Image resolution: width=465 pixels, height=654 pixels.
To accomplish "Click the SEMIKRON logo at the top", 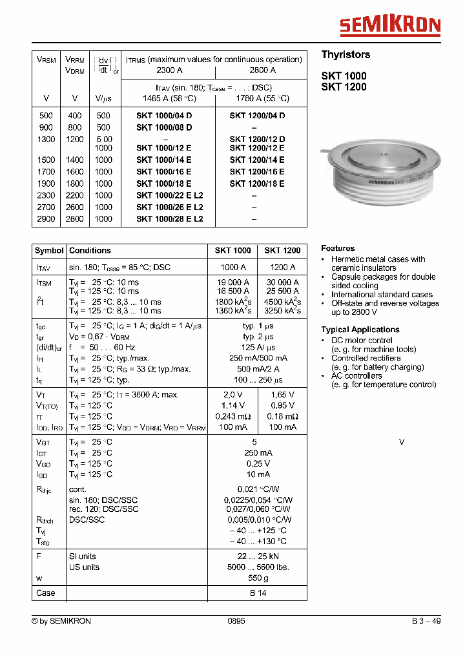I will coord(390,25).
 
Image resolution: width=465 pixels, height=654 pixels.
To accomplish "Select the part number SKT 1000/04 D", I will coord(164,116).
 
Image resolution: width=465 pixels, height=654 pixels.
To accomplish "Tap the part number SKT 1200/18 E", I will coord(257,184).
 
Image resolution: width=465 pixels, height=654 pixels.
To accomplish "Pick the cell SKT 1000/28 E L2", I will coord(170,219).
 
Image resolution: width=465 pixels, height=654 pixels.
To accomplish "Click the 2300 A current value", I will coord(170,70).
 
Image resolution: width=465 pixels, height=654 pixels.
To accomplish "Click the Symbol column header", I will coord(49,251).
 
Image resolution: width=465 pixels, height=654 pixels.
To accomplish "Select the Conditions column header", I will coord(90,251).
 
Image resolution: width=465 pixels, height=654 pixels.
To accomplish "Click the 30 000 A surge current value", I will coord(282,282).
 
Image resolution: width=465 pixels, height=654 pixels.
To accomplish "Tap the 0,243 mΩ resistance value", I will coord(233,416).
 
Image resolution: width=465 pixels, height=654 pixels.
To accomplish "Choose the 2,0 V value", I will coord(233,395).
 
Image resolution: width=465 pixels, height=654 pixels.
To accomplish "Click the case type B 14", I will coord(258,593).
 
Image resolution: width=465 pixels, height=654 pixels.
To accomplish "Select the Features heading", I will coord(338,248).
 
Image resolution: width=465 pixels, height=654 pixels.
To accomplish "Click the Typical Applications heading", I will coord(360,330).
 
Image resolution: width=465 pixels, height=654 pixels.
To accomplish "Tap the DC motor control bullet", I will coord(362,341).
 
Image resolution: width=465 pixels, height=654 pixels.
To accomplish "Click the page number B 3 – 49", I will coord(426,621).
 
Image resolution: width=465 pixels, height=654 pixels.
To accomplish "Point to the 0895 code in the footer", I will coord(236,621).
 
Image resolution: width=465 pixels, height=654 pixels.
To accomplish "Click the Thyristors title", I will coord(346,55).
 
